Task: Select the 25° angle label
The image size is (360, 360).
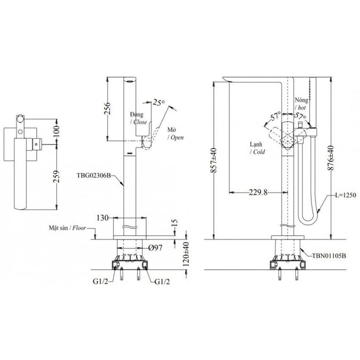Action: coord(158,102)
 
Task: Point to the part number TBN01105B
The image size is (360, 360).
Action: coord(329,255)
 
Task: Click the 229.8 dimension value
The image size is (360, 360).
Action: coord(257,193)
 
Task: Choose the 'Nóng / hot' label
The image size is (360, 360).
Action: coord(303,104)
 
